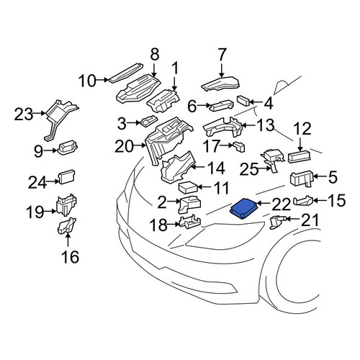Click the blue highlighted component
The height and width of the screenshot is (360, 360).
coord(244,208)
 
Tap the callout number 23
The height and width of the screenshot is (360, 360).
coord(23,114)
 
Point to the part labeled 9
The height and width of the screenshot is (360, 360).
coord(68,148)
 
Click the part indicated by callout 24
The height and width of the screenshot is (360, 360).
coord(67,176)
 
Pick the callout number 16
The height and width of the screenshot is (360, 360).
coord(70,256)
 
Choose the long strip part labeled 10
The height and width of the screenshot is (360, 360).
coord(126,73)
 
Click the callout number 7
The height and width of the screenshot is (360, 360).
coord(222,55)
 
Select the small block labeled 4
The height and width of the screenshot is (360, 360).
coord(243,100)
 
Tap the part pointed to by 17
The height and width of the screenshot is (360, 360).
coord(239,147)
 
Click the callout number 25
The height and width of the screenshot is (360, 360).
coord(249,169)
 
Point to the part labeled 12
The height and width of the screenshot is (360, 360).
coord(300,156)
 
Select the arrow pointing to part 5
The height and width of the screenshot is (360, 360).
coord(318,176)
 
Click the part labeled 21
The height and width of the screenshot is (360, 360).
coord(278,221)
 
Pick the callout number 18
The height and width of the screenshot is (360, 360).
coord(158,225)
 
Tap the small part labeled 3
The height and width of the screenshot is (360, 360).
coord(149,121)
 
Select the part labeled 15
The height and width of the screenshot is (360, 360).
coord(304,201)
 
